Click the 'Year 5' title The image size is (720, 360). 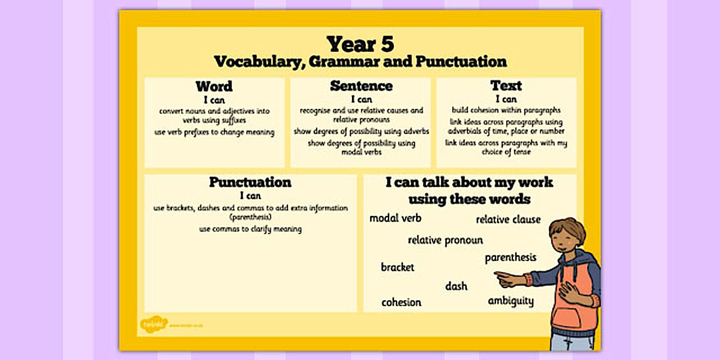(360, 44)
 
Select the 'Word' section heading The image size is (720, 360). (214, 86)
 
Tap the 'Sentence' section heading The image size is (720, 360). (361, 86)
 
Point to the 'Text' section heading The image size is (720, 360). (506, 86)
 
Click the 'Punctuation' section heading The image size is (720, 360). (250, 182)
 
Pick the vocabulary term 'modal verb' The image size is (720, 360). (395, 218)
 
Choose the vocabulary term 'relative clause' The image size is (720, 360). (508, 219)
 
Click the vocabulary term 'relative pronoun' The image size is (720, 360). (445, 240)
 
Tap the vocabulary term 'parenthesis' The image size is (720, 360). (510, 258)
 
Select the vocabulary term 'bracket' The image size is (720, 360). (397, 267)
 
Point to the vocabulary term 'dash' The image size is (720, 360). (456, 286)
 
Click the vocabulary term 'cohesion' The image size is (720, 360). (401, 302)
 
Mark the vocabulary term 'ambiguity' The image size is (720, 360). (510, 301)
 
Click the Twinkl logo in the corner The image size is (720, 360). (154, 324)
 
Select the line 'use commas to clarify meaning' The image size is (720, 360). (250, 229)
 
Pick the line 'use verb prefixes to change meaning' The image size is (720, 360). (214, 132)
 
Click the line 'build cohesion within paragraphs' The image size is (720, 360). (506, 110)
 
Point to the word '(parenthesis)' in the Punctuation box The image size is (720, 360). (250, 218)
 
